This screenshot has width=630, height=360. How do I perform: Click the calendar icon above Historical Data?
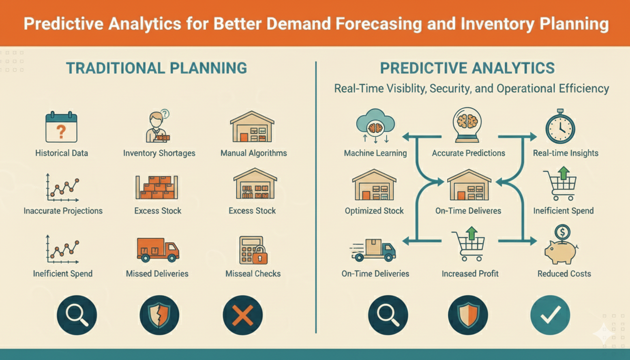(x=61, y=127)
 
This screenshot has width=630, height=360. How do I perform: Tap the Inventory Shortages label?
(x=159, y=153)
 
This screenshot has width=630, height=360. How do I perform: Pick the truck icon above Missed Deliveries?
(x=157, y=249)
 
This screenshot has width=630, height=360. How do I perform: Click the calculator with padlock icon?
(x=252, y=249)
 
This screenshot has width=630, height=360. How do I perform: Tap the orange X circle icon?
(x=242, y=314)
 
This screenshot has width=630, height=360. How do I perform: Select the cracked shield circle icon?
(x=159, y=314)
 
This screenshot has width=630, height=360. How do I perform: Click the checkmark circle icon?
(x=550, y=314)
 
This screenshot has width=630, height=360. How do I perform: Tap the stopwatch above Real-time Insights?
(x=560, y=127)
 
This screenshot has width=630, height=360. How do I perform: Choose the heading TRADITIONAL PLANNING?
(x=156, y=68)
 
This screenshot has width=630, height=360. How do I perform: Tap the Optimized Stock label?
(x=374, y=211)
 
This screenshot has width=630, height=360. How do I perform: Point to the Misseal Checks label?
(x=253, y=274)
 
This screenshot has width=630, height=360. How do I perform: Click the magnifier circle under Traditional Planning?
(x=76, y=314)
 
